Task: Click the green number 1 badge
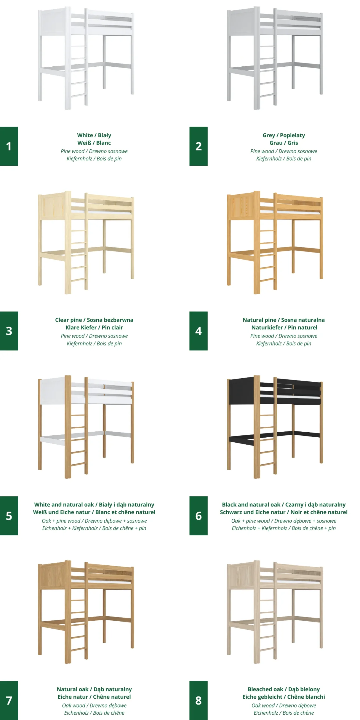[9, 146]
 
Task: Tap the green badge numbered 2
[198, 146]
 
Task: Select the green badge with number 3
[9, 331]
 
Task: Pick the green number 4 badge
[198, 331]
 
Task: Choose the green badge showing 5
[9, 516]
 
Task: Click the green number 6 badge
[198, 516]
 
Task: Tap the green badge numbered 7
[9, 700]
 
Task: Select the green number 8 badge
[198, 700]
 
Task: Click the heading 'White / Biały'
[94, 135]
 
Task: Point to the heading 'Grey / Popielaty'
[283, 135]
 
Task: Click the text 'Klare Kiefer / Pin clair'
[94, 327]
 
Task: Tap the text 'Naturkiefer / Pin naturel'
[284, 327]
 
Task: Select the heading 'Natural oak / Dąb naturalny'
[94, 689]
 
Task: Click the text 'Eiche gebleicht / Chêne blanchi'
[283, 697]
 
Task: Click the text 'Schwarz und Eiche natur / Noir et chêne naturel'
[283, 512]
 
